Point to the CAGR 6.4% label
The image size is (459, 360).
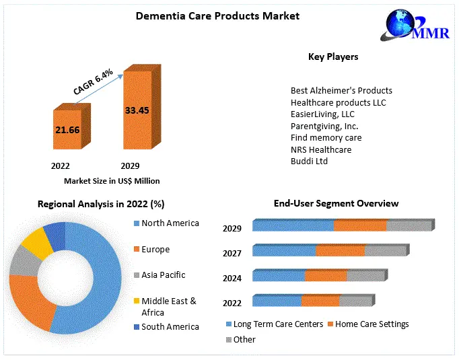pyautogui.click(x=94, y=79)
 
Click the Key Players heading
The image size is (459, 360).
pyautogui.click(x=333, y=57)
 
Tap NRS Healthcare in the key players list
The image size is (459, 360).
pyautogui.click(x=321, y=149)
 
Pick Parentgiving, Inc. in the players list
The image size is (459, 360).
pyautogui.click(x=324, y=126)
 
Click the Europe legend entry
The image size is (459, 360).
pyautogui.click(x=155, y=250)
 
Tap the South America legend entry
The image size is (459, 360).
pyautogui.click(x=170, y=327)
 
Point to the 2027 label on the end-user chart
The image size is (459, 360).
pyautogui.click(x=232, y=254)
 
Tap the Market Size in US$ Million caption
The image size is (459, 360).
pyautogui.click(x=112, y=181)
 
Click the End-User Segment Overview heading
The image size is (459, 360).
pyautogui.click(x=336, y=203)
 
